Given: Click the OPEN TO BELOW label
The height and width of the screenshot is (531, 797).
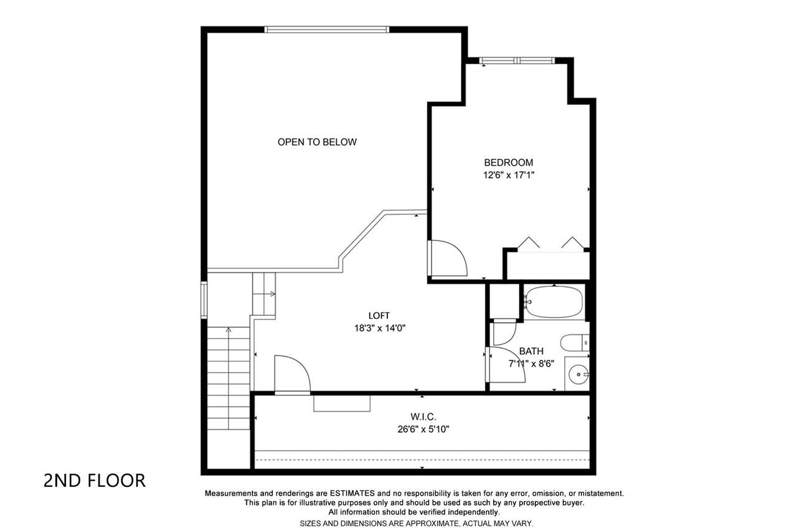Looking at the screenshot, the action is coord(317,142).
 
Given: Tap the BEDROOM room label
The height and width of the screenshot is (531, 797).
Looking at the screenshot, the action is coord(509,162).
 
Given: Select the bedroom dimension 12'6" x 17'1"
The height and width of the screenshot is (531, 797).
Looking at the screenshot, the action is coord(509,175).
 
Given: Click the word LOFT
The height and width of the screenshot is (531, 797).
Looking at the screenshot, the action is coord(379,316).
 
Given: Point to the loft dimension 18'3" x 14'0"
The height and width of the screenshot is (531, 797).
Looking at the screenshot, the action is coord(380,328).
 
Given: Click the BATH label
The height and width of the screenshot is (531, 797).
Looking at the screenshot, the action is coord(531,351).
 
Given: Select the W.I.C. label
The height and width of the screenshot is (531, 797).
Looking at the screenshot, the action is coord(423,416).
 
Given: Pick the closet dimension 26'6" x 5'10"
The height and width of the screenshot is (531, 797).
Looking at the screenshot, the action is coord(423,430).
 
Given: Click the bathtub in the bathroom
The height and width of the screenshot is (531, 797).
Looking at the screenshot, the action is coord(554,302).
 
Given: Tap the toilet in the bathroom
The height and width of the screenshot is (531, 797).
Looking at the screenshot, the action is coord(575,343).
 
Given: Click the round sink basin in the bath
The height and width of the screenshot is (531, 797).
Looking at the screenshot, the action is coord(578,375).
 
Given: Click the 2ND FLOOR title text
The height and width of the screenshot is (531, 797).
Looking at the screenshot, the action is coord(95,481).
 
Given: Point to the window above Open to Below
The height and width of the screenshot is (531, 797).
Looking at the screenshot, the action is coord(327,29).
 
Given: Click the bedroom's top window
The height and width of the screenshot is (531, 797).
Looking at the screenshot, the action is coord(517,60).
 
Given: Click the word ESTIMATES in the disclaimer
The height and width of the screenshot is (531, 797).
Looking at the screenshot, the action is coord(352,493).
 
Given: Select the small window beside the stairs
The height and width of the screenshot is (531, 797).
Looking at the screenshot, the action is coord(204,300).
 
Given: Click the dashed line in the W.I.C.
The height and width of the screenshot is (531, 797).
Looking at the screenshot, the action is coord(422,460).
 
